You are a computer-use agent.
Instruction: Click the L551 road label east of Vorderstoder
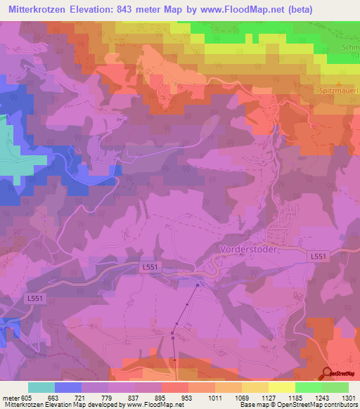point(319,257)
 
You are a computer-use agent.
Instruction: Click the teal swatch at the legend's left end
point(41,387)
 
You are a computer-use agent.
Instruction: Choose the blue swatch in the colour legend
point(68,387)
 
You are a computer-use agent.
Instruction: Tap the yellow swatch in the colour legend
point(281,387)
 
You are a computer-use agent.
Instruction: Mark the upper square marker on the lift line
point(198,285)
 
